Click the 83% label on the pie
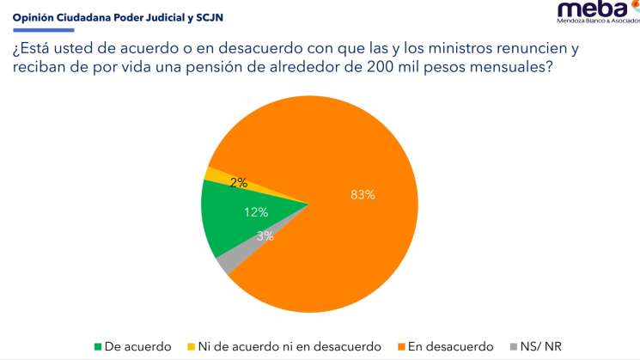coord(363,195)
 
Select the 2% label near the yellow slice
coord(239,182)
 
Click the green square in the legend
coord(98,347)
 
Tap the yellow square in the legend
coord(191,347)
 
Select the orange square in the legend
coord(402,347)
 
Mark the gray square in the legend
coord(512,347)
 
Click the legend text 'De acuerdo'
coord(137,347)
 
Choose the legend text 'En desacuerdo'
coord(452,347)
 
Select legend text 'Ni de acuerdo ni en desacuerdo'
coord(290,347)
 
